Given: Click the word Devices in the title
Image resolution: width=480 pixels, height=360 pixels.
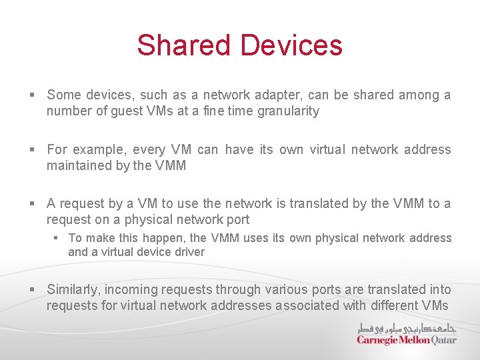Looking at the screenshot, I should pos(291,45).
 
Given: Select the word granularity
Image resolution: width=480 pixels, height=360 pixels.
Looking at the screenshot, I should pos(283,111).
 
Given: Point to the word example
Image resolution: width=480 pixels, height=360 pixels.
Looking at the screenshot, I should pos(99,150).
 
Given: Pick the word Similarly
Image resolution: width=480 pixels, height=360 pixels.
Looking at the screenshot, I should pos(73,290).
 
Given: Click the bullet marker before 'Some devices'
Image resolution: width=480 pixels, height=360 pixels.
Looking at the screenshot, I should pos(32,95).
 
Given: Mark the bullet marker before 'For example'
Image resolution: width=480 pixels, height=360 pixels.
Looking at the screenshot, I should pos(32,150).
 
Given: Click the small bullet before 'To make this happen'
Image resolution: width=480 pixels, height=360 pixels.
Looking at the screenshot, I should pos(57,238).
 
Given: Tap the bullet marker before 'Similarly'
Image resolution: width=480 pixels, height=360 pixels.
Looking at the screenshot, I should pos(32,290).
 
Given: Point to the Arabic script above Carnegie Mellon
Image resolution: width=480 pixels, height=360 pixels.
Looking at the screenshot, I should pos(407,328).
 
